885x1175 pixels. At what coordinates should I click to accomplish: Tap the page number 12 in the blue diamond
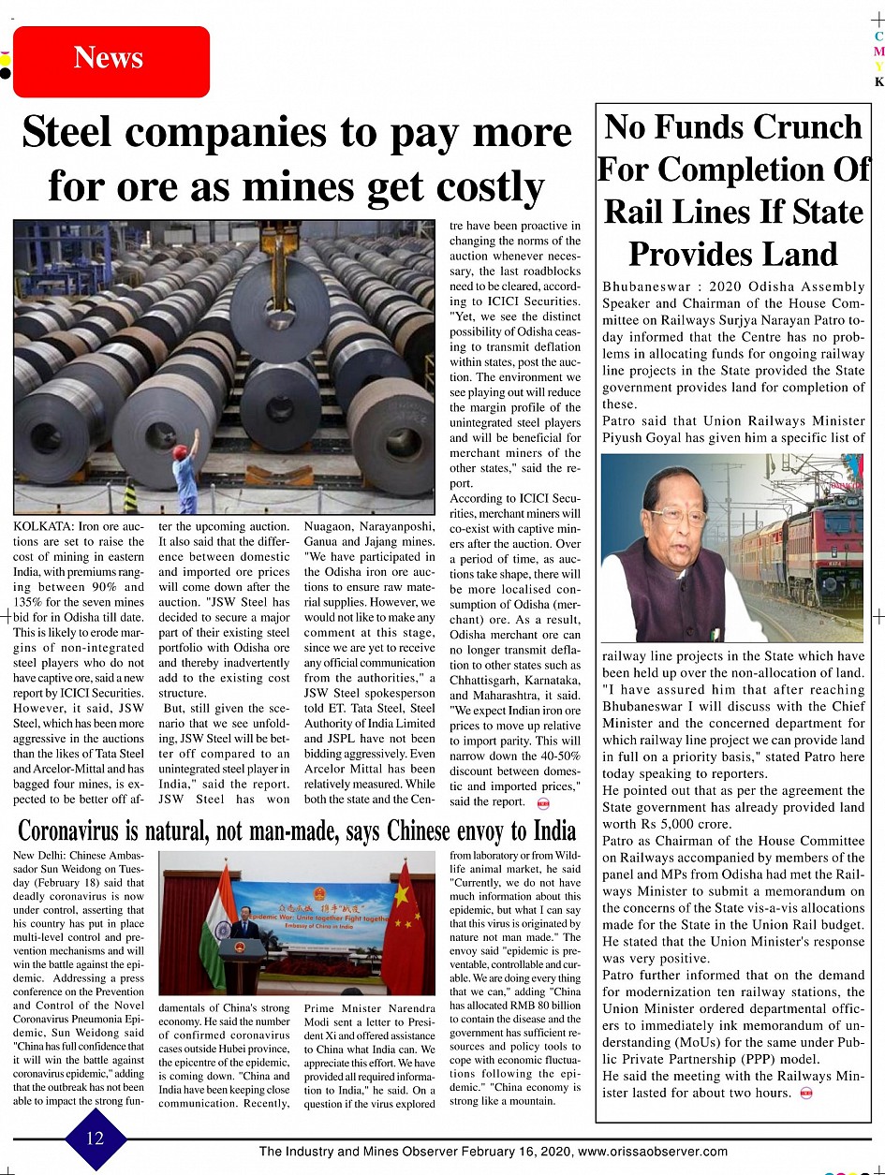pyautogui.click(x=96, y=1138)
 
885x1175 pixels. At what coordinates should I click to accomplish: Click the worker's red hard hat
pyautogui.click(x=180, y=451)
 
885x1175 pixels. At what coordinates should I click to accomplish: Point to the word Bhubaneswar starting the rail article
pyautogui.click(x=646, y=286)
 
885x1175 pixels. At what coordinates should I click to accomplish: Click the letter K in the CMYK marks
pyautogui.click(x=878, y=81)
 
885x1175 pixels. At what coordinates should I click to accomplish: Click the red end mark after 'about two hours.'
pyautogui.click(x=805, y=1093)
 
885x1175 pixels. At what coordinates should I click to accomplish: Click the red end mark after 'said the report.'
pyautogui.click(x=541, y=802)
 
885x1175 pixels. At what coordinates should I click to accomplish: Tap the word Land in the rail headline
pyautogui.click(x=804, y=255)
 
